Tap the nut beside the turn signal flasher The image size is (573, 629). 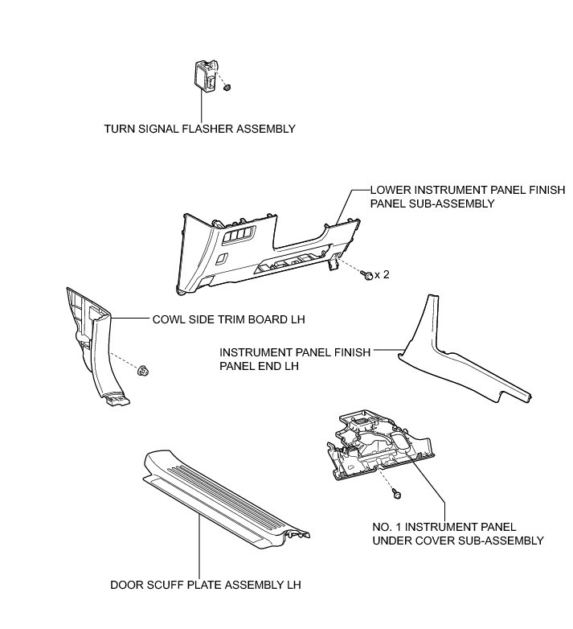pos(228,86)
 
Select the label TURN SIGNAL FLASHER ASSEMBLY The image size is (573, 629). pos(200,129)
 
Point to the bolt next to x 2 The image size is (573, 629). pos(367,275)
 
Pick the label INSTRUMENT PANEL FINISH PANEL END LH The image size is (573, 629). pos(307,359)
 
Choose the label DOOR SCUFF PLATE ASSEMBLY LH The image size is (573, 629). pos(205,585)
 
